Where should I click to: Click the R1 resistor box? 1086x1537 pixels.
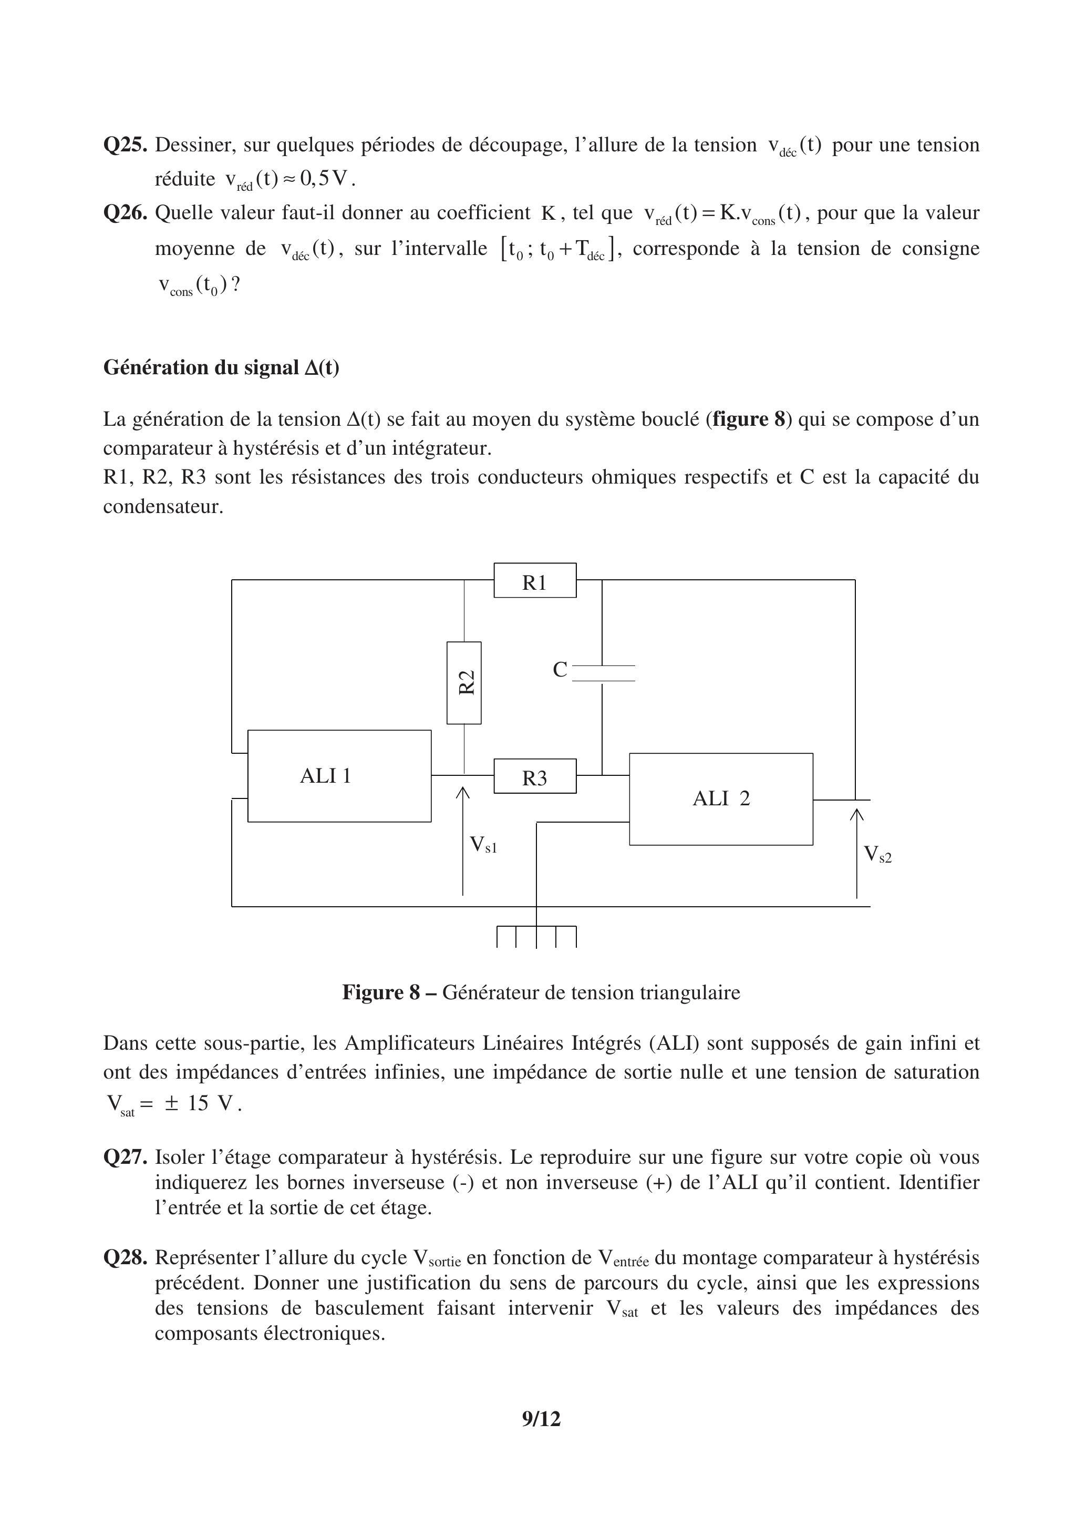click(535, 580)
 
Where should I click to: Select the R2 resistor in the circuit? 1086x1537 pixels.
click(464, 682)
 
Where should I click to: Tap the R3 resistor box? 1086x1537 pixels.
click(535, 776)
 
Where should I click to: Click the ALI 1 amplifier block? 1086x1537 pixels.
click(339, 775)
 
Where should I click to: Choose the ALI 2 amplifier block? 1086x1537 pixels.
click(721, 798)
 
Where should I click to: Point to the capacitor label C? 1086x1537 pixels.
click(560, 670)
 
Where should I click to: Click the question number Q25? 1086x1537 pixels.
click(125, 145)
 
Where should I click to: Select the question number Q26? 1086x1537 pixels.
click(125, 213)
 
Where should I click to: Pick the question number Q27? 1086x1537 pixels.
click(125, 1157)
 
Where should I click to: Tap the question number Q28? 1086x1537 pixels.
click(125, 1257)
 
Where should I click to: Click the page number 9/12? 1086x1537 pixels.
click(541, 1418)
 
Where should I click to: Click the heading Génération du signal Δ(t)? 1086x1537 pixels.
click(221, 367)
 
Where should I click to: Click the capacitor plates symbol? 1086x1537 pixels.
click(604, 673)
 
